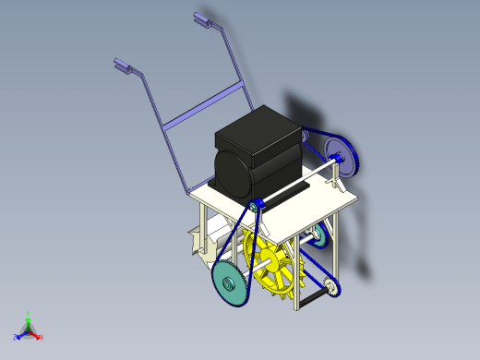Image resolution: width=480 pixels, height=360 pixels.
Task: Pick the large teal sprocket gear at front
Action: click(x=230, y=281)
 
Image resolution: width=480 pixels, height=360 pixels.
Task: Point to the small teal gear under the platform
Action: click(x=318, y=236)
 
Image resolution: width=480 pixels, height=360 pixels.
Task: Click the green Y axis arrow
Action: click(x=29, y=317)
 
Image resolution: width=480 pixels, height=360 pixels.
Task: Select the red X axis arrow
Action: click(x=38, y=336)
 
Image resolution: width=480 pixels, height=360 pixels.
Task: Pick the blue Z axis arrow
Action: click(x=18, y=336)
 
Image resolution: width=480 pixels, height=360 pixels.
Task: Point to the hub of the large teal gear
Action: click(x=229, y=282)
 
